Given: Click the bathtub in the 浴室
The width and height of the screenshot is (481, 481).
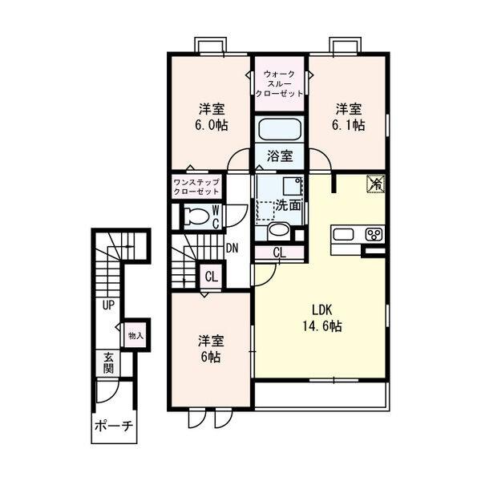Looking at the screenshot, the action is [279, 129].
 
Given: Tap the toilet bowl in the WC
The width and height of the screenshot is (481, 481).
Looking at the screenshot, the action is [196, 216].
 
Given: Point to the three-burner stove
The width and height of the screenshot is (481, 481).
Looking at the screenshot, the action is [374, 235].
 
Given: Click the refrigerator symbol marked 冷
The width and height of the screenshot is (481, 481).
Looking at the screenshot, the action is [375, 184].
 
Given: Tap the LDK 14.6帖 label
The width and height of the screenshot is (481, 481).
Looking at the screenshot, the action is [322, 318].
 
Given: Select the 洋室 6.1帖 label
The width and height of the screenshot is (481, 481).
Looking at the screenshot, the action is [349, 117].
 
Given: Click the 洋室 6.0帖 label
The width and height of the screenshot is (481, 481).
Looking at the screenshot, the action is [212, 117].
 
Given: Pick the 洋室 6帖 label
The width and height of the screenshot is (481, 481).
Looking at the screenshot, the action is [211, 349].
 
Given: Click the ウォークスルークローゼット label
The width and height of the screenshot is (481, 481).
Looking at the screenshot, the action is [279, 83].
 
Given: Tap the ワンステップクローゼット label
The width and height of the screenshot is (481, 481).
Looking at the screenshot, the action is [196, 187].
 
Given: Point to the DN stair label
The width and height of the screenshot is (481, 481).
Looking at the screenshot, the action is [232, 249].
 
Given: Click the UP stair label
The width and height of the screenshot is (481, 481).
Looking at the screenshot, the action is [108, 305].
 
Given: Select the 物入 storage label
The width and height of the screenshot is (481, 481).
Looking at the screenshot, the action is [136, 336].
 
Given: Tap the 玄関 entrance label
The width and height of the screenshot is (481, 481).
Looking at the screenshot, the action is [108, 363].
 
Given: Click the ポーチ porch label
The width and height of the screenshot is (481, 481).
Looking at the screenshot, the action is [114, 426].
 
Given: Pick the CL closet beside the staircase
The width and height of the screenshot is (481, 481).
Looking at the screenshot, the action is [212, 277].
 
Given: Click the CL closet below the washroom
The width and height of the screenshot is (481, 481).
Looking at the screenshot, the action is [280, 253].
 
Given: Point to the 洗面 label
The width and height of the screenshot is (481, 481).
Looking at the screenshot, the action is [288, 205].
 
